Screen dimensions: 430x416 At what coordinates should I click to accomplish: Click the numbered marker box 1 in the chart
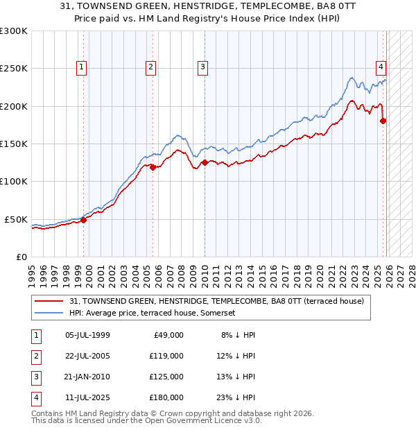tap(82, 67)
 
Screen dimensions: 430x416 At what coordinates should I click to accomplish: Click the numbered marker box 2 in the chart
tap(150, 67)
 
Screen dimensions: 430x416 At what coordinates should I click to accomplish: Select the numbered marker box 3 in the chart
tap(202, 67)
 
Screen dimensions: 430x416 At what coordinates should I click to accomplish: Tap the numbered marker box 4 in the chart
tap(381, 67)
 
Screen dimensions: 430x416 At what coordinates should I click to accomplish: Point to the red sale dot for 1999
tap(83, 220)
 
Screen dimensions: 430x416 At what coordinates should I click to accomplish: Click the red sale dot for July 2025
tap(383, 121)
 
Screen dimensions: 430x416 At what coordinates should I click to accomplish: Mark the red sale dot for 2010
tap(205, 163)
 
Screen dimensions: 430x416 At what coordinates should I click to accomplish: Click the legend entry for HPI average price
tap(153, 313)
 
